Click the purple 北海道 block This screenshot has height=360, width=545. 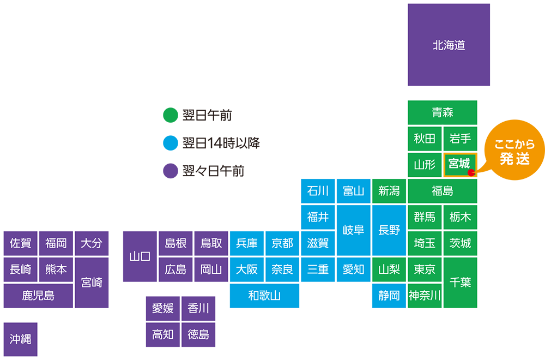[x=449, y=45]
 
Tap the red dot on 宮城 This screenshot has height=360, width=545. [x=471, y=172]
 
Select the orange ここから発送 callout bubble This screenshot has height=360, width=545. [x=514, y=150]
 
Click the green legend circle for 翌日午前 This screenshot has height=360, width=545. [x=171, y=115]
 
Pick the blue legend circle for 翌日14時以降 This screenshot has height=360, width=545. [x=171, y=143]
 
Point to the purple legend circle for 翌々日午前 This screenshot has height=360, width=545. [x=171, y=171]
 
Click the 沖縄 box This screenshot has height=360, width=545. [x=21, y=339]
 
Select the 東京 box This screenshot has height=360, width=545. [x=425, y=269]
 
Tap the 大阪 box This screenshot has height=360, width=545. [x=247, y=269]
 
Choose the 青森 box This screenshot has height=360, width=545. [x=443, y=112]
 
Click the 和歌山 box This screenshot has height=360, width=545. [x=264, y=296]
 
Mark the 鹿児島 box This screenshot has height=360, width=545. [x=38, y=296]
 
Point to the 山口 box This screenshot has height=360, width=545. [x=140, y=256]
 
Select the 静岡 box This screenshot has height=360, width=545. [x=389, y=296]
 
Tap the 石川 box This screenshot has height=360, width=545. [x=318, y=191]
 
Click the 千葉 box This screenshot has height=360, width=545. [x=460, y=283]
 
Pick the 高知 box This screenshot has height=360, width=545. [x=162, y=334]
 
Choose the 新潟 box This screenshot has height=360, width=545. [x=389, y=191]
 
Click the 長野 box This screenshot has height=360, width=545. [x=389, y=230]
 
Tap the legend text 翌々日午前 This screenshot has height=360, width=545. [x=214, y=171]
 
